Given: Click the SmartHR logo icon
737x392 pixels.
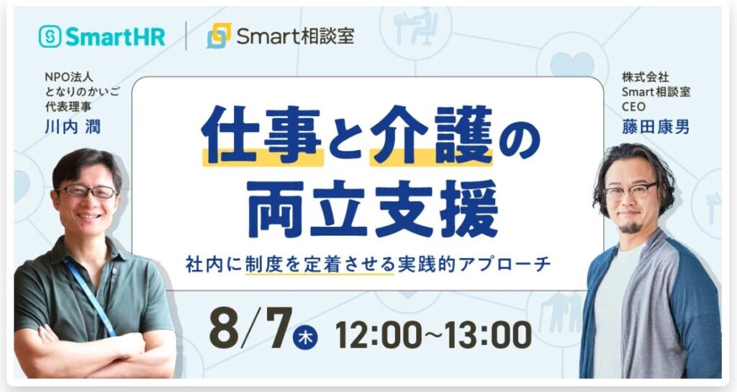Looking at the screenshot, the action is click(x=50, y=36).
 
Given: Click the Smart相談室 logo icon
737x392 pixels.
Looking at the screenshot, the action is click(x=219, y=36).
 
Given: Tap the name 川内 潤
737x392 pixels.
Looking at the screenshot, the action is click(x=73, y=127).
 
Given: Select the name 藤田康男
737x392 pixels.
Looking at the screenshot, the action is click(x=655, y=127).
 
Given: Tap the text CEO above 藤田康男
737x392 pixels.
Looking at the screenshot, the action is click(x=633, y=107).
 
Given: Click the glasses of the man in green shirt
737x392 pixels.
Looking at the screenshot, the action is click(x=87, y=191).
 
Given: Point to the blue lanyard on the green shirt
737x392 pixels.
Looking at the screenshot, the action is click(x=90, y=296).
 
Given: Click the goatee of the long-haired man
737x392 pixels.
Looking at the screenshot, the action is click(x=629, y=228).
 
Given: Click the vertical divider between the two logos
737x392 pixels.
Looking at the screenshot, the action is click(x=186, y=36).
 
